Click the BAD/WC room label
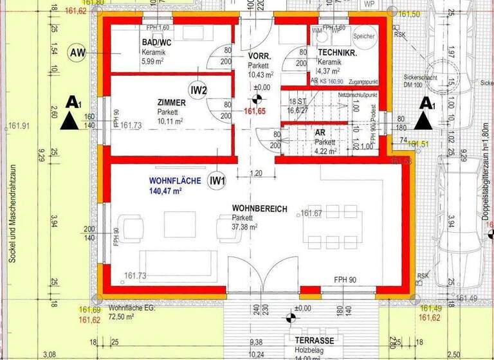click(156, 42)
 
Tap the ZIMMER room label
click(172, 102)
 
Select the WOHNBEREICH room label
click(259, 209)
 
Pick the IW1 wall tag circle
click(217, 181)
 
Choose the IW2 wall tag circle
click(199, 90)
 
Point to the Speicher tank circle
click(365, 37)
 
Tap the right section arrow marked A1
click(424, 113)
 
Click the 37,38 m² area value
click(244, 227)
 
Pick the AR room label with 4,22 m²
click(320, 132)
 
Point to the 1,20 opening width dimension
click(255, 173)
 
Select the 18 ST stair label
click(298, 102)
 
